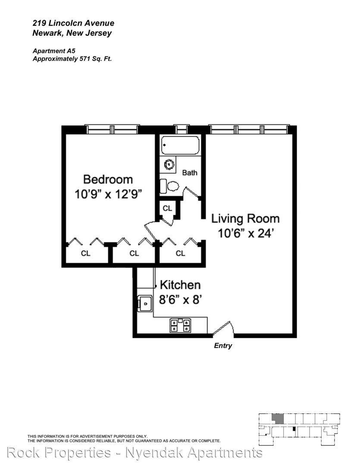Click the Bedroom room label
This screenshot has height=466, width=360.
tap(108, 179)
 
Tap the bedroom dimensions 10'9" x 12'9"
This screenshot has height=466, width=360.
tap(108, 194)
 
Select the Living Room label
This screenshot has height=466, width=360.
tap(245, 219)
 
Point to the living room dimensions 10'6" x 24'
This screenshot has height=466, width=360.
tap(245, 233)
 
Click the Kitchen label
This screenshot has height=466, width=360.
tap(180, 285)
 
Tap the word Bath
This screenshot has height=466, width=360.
tap(190, 173)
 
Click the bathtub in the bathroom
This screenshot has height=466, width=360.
tap(180, 145)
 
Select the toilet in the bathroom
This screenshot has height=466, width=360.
tap(170, 186)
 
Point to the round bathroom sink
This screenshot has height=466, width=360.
tap(169, 164)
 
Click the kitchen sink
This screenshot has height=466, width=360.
tap(145, 303)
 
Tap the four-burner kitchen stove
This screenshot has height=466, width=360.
tap(180, 325)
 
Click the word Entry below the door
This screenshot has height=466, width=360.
tap(223, 346)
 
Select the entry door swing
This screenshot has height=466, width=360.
tap(224, 329)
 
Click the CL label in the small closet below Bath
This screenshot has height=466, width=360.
tap(167, 208)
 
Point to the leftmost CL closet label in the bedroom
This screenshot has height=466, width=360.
tap(85, 253)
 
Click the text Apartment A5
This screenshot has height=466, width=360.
tap(54, 51)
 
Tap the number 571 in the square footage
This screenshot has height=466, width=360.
tap(85, 59)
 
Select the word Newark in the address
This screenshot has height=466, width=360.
tap(47, 33)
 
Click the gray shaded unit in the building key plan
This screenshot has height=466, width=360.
tap(278, 419)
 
